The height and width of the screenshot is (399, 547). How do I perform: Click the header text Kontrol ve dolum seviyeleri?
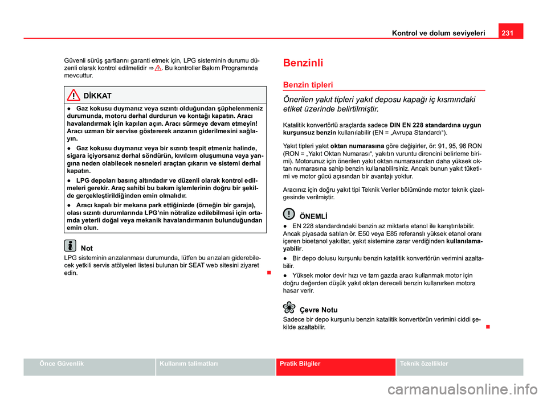click(438, 33)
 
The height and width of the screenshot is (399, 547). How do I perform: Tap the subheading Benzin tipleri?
click(308, 84)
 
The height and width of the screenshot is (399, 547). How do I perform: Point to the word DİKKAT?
click(97, 95)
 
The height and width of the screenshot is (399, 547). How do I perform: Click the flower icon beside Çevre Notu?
click(289, 308)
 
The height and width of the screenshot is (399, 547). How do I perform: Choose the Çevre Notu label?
click(318, 310)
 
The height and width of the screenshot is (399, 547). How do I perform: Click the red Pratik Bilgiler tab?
click(300, 363)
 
